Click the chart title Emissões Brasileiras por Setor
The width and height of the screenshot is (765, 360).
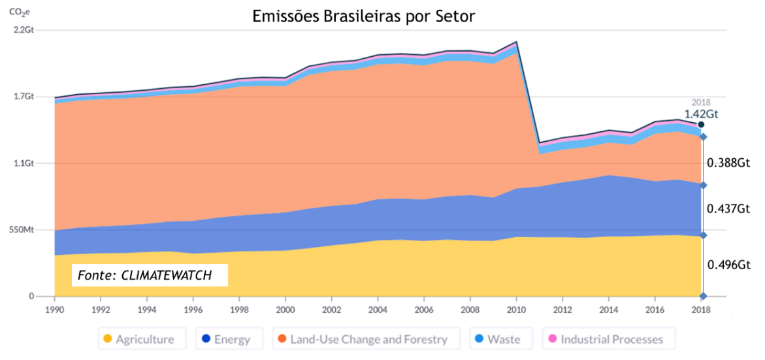(364, 16)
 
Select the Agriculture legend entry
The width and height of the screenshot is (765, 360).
(137, 339)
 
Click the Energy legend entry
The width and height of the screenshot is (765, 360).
(226, 339)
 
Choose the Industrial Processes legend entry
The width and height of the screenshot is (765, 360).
(604, 339)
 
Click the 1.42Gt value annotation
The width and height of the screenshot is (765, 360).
(701, 114)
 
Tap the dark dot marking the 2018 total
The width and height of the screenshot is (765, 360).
(701, 125)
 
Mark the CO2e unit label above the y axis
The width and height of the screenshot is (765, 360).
(20, 11)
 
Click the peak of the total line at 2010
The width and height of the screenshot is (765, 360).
(517, 42)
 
